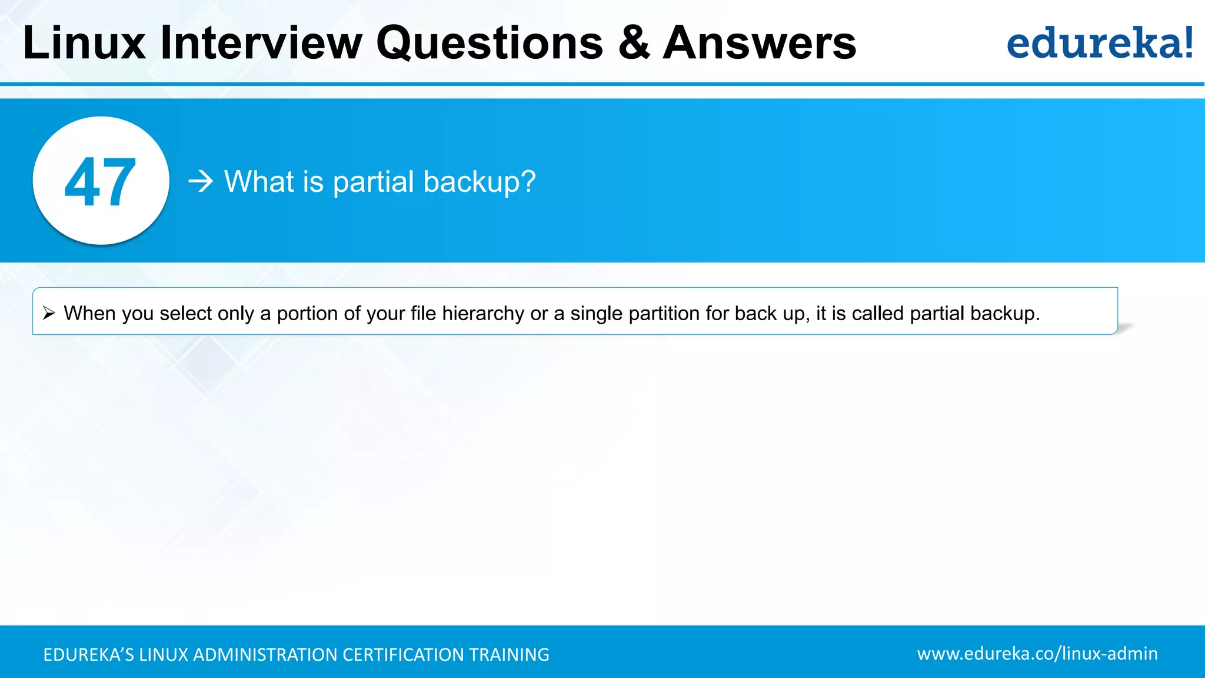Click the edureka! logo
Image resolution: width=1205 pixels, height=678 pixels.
tap(1099, 43)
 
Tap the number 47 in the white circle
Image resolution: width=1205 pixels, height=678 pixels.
tap(101, 182)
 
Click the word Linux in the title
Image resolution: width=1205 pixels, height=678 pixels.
tap(84, 43)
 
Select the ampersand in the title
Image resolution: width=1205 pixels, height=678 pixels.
tap(634, 43)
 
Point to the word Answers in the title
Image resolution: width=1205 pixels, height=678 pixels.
tap(760, 43)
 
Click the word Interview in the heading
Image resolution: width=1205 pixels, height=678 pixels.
tap(261, 43)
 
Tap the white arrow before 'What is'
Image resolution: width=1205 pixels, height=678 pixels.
tap(201, 181)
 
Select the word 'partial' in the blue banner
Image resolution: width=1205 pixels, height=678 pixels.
tap(374, 182)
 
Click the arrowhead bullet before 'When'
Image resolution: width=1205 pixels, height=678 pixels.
tap(49, 313)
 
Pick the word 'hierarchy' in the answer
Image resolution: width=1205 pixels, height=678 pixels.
tap(482, 313)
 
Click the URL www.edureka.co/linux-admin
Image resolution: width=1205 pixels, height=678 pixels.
tap(1037, 653)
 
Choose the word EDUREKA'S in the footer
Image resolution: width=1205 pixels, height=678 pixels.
tap(88, 654)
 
